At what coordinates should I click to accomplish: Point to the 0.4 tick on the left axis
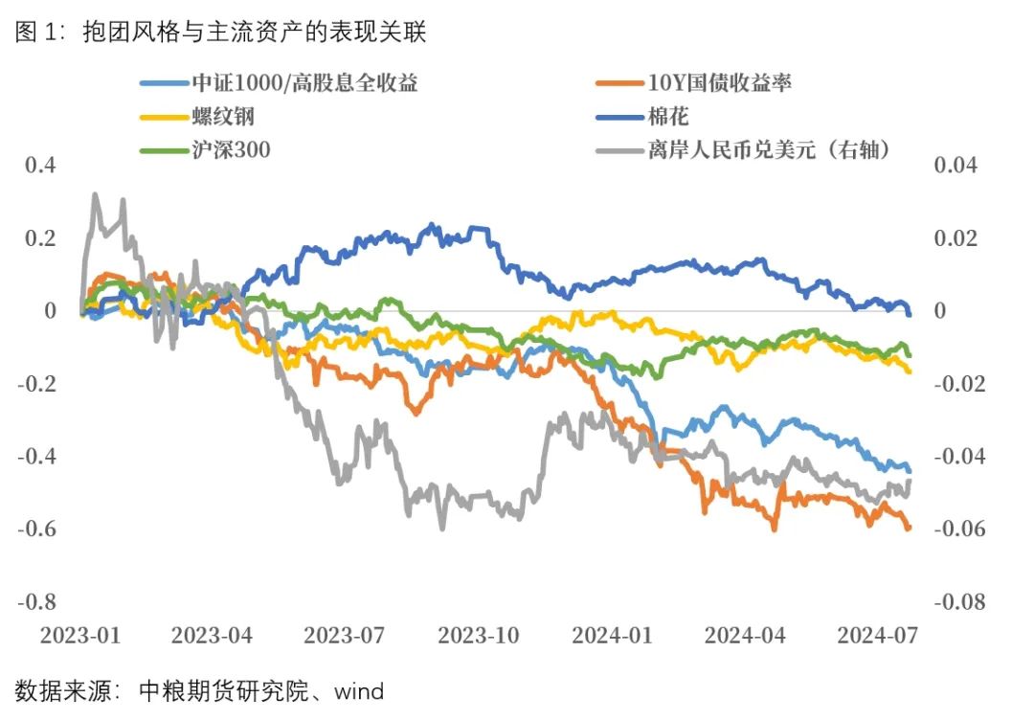point(42,166)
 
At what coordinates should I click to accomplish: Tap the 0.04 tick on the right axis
point(955,166)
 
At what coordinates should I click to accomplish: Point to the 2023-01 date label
point(81,635)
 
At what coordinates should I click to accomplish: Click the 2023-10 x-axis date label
point(478,635)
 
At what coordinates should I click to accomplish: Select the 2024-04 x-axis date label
point(744,635)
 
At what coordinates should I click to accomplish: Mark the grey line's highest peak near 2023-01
point(94,195)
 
